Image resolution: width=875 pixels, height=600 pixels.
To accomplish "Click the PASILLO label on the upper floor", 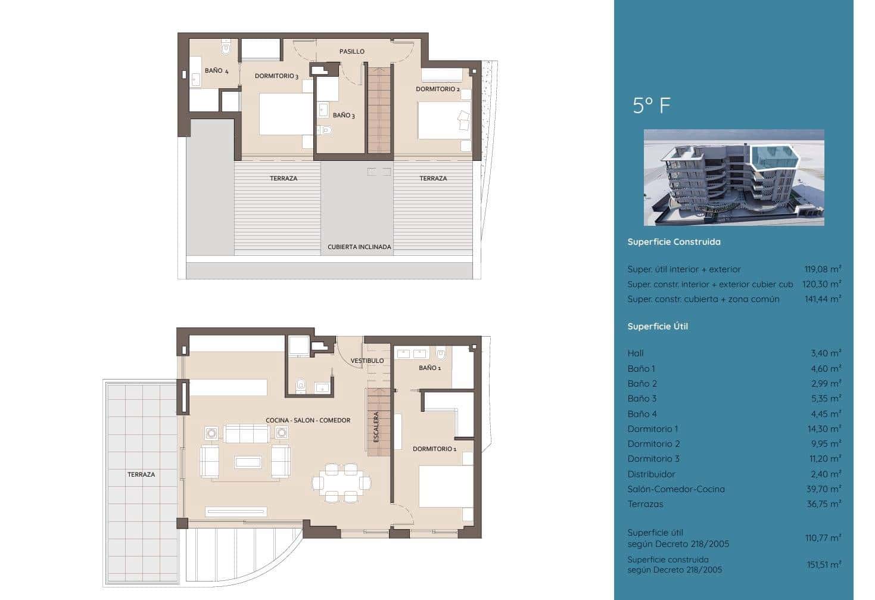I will pos(351,52).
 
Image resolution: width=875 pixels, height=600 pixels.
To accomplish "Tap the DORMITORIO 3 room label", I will pos(276,76).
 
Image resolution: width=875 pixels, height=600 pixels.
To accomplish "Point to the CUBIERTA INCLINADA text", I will pos(359,247).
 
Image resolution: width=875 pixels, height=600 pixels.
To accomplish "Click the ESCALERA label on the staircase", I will pos(376,427).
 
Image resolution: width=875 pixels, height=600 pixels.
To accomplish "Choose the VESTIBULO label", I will pos(367,361).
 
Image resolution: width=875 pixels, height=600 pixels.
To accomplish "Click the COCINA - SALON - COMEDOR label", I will pos(308,421).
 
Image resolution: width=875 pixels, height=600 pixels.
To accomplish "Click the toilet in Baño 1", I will pos(441,355).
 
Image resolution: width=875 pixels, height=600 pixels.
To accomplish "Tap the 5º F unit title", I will pos(651,106).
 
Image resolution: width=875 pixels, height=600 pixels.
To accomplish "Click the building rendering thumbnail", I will pos(734,178).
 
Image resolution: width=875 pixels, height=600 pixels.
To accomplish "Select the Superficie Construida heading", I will pos(674,242).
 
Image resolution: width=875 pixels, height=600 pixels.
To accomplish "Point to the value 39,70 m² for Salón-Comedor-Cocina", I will pos(823,489).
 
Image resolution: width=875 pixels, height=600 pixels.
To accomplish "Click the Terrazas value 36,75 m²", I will pos(823,504).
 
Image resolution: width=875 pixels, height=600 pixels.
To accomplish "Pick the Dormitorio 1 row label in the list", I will pos(652,429).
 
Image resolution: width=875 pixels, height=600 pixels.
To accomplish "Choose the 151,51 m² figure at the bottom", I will pos(823,565).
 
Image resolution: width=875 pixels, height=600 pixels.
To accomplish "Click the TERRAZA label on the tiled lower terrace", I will pos(141,475).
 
